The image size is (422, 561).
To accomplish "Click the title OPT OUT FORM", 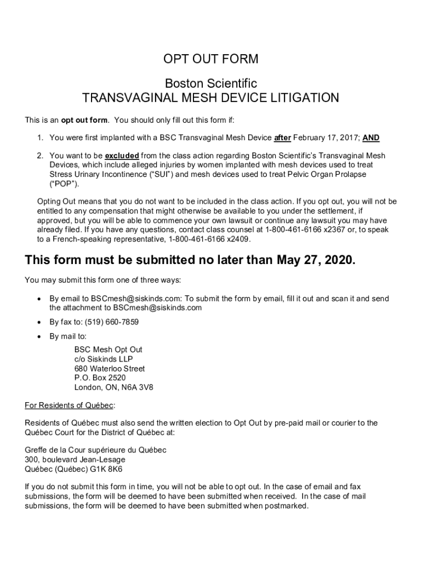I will click(x=211, y=59).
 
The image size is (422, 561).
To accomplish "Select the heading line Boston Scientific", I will click(x=211, y=83).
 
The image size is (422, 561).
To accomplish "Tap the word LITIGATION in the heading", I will click(x=303, y=98).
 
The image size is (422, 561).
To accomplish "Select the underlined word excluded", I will click(x=122, y=156).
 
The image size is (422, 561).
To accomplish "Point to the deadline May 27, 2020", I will click(x=315, y=260).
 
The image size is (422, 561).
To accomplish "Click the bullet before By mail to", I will click(x=38, y=336).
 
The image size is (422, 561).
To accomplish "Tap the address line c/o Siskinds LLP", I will click(x=104, y=359).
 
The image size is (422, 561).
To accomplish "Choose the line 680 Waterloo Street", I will click(x=110, y=368).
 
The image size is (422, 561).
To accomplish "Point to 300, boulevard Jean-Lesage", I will click(x=75, y=459).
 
